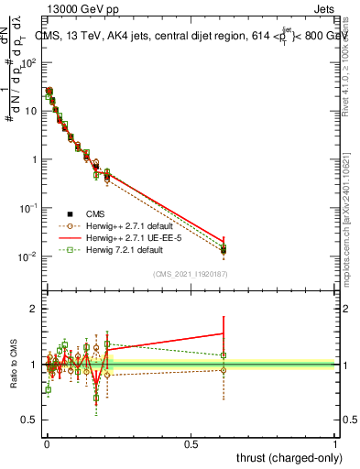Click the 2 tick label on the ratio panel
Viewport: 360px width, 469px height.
pos(32,309)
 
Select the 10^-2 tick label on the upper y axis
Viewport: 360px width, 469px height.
pos(27,256)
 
